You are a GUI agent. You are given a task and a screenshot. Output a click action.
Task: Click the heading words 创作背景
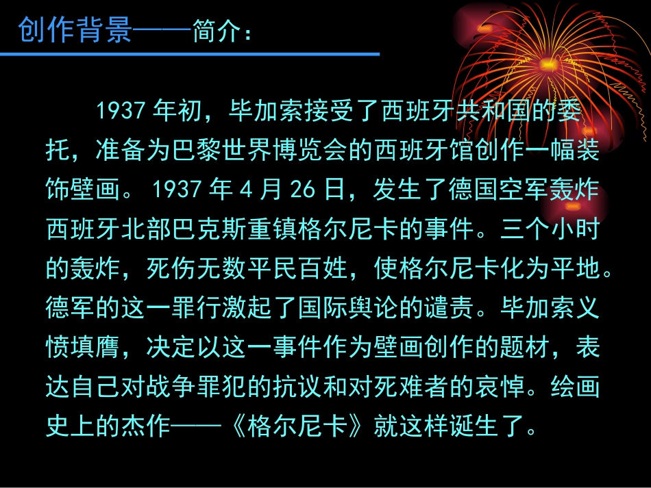point(75,29)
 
